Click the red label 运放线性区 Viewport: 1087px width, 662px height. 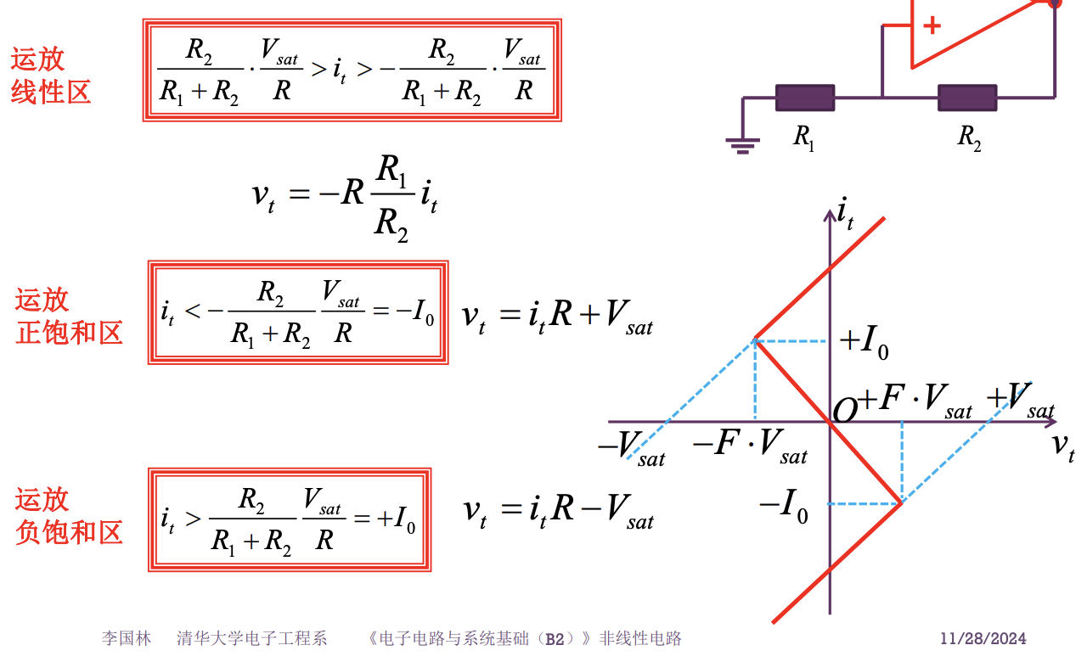point(50,75)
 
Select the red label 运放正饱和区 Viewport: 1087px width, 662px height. point(69,316)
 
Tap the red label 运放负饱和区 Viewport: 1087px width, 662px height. point(69,516)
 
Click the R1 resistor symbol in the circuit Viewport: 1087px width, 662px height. point(804,98)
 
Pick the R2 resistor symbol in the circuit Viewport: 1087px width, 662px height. point(966,98)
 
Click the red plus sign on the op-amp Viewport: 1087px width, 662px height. point(932,25)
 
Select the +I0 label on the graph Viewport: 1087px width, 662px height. point(864,341)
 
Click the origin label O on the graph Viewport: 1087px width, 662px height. point(845,412)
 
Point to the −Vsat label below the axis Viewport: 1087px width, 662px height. point(631,447)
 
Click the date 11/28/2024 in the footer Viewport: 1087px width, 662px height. point(983,638)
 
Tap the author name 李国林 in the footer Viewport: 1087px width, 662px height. point(127,638)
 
